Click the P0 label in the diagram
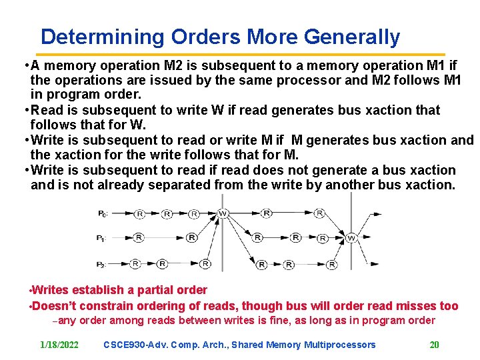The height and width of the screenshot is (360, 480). (x=102, y=214)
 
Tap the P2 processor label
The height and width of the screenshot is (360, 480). (x=101, y=265)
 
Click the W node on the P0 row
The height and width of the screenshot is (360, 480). (x=223, y=214)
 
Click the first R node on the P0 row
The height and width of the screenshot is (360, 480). (x=139, y=214)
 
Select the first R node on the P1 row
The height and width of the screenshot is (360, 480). (x=139, y=238)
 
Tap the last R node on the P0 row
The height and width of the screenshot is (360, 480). (x=319, y=214)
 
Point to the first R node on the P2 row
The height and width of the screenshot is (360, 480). (x=135, y=265)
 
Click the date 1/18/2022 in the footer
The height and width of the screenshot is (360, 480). (x=59, y=345)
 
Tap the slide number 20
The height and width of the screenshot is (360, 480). (x=434, y=345)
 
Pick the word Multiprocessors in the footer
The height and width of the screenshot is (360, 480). (x=340, y=345)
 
